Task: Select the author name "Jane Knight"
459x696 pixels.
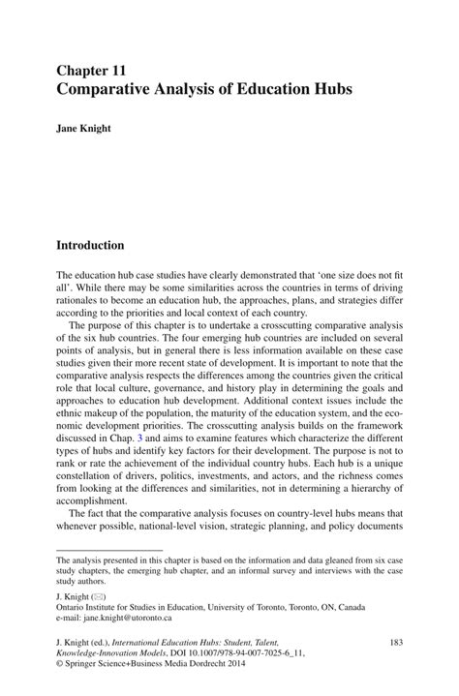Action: coord(83,127)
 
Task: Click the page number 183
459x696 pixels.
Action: coord(394,642)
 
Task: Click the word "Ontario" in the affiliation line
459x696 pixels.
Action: coord(74,603)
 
